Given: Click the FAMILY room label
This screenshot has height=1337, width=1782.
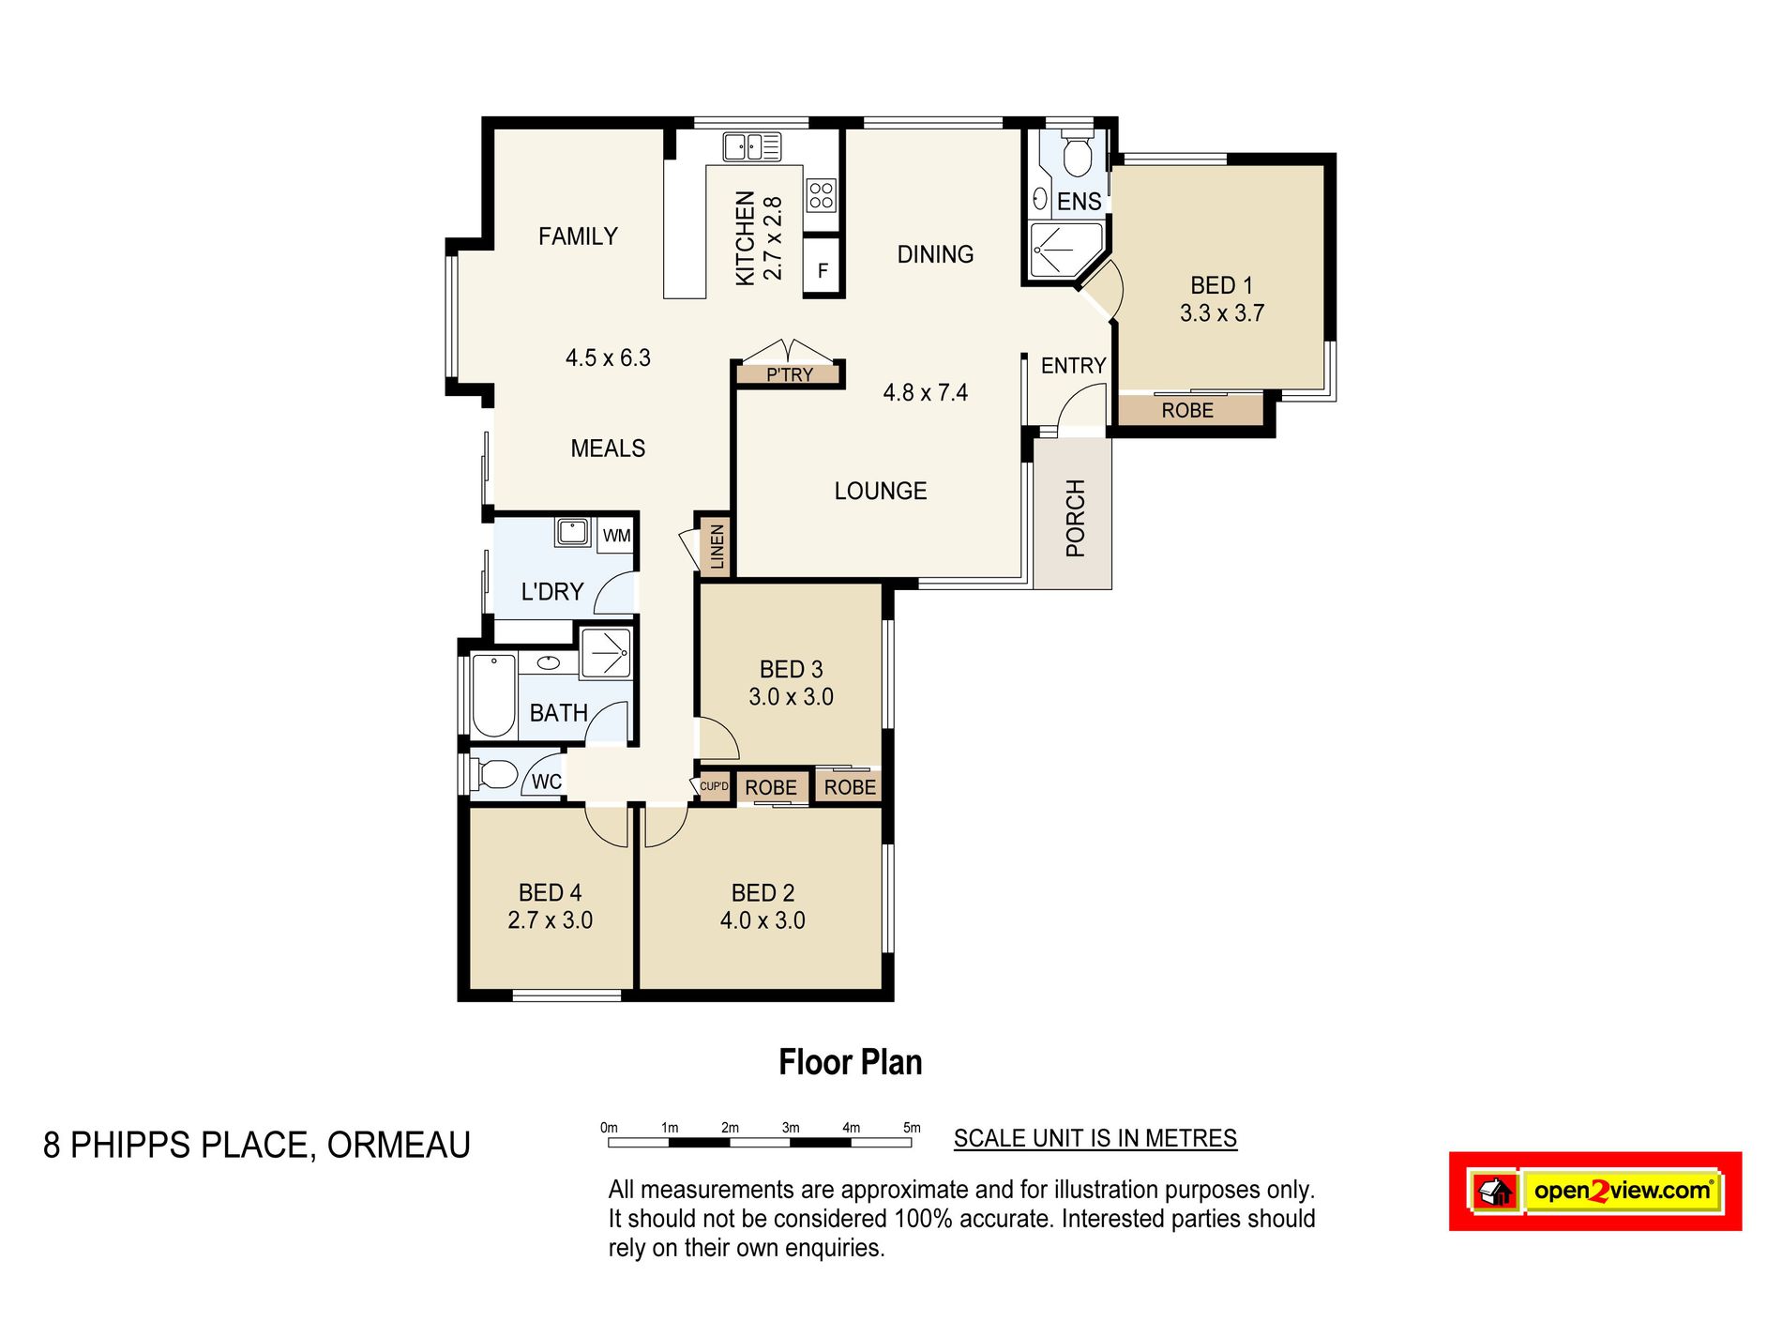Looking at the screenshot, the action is (578, 236).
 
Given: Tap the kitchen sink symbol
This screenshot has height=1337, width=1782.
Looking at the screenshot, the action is (752, 146).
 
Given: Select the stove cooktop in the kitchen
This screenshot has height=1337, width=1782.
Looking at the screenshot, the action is (822, 195).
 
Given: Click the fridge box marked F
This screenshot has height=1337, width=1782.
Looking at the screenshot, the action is (823, 269).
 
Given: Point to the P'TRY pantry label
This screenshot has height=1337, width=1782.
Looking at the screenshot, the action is (790, 375).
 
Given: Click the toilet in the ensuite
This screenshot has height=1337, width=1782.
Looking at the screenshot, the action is (1077, 155).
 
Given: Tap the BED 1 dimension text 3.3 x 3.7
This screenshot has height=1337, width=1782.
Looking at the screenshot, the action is (1222, 313).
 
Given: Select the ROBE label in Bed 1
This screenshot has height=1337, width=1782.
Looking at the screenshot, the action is (1187, 410).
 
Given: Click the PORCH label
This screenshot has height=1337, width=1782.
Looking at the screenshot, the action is (1075, 518).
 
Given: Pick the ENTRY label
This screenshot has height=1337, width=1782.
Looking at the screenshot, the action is (1074, 366).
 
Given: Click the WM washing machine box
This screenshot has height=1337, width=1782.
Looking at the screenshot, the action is (616, 536).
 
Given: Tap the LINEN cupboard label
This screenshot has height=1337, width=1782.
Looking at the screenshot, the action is (717, 546).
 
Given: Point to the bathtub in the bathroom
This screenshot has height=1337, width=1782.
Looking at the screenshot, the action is (493, 695).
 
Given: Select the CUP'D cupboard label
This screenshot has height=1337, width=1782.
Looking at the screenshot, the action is (714, 786).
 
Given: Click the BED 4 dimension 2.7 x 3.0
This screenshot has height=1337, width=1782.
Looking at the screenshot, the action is (551, 920).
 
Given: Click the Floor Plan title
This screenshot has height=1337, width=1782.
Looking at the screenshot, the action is (851, 1062).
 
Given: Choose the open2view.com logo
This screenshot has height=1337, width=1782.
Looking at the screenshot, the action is (1595, 1191).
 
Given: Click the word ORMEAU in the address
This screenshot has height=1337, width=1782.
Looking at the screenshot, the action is (399, 1146).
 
